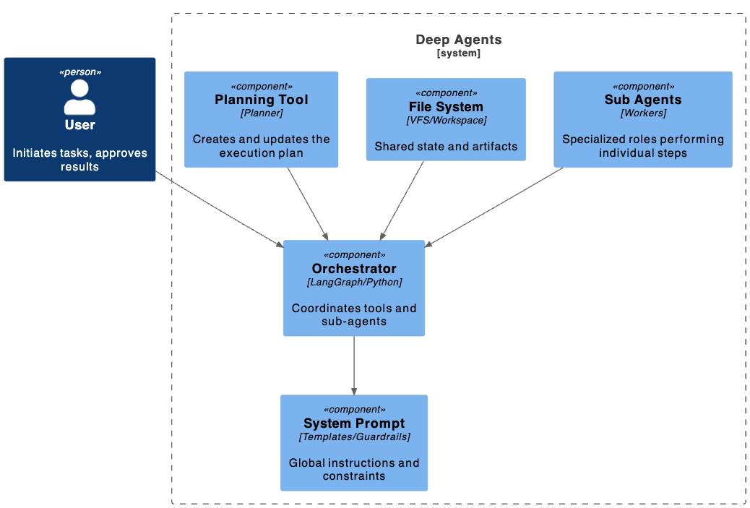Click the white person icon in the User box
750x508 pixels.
point(79,98)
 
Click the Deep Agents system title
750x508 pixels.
point(458,40)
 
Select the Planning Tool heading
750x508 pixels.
point(261,100)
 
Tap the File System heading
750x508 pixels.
point(446,107)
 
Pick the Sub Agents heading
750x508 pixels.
point(642,100)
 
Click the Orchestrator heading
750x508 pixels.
point(354,269)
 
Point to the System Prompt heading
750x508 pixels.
point(354,423)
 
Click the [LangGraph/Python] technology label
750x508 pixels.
point(354,283)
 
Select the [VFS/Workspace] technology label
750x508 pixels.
point(446,120)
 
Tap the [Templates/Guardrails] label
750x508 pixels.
point(354,437)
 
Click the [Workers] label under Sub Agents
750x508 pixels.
point(642,113)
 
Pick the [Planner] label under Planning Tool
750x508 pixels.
point(261,113)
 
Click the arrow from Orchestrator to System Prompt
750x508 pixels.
point(354,365)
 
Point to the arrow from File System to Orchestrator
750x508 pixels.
point(402,200)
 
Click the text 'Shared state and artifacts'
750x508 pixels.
point(446,147)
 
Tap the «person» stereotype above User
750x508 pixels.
point(79,72)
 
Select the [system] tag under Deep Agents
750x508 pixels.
point(458,53)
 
